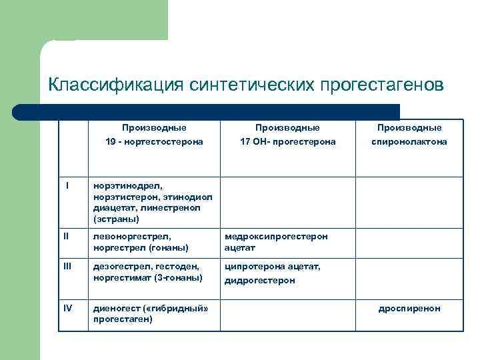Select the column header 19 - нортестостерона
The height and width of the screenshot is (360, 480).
(154, 142)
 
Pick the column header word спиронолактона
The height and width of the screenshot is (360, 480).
(409, 142)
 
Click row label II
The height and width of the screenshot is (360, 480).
(66, 235)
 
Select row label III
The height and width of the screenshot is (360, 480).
(67, 265)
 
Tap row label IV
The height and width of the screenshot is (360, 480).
(67, 308)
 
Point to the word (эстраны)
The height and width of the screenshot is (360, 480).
(117, 218)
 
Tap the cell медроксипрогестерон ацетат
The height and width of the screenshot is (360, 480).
(276, 242)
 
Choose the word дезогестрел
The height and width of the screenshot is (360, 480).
(119, 266)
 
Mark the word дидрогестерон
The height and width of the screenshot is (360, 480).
(259, 281)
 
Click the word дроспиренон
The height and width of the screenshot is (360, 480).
(409, 309)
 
